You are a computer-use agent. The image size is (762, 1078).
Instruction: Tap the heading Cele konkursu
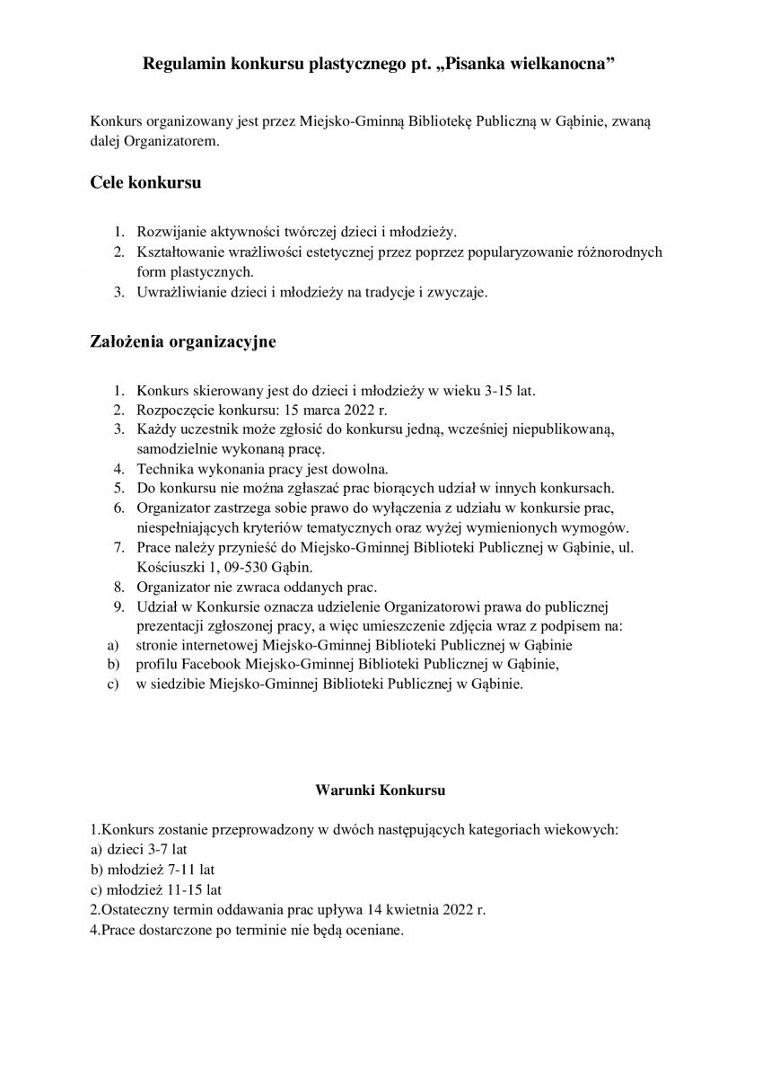[145, 182]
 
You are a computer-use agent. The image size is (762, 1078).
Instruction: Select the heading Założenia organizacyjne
[183, 341]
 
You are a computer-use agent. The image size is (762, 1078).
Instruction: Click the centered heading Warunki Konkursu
[381, 791]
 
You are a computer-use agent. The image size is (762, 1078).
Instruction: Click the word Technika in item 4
[163, 469]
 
